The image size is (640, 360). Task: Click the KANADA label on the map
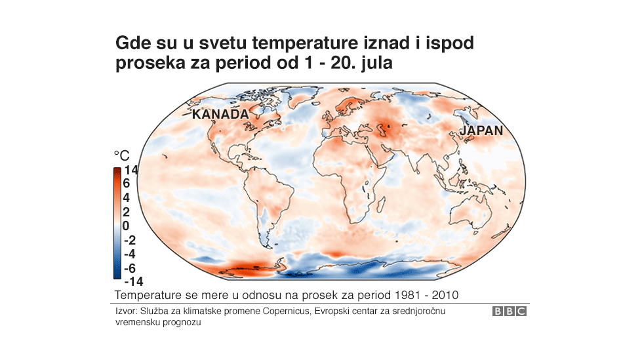220,114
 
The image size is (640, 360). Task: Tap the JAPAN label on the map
481,130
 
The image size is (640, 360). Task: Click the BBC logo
510,311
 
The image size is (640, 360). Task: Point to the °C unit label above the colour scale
122,155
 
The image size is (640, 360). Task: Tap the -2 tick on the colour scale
129,239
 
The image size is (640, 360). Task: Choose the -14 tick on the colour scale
132,281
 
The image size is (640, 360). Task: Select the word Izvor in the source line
125,311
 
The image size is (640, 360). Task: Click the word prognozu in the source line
183,323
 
